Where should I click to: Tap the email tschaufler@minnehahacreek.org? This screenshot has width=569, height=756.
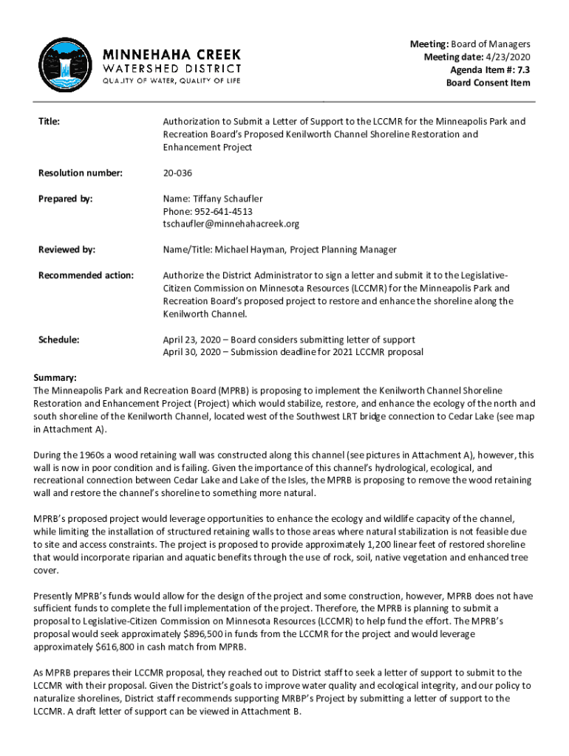click(x=231, y=224)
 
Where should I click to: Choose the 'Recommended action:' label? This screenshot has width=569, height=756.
click(x=86, y=276)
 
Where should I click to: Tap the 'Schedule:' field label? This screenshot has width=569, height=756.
click(x=60, y=340)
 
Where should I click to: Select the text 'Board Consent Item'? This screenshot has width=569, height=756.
click(x=488, y=83)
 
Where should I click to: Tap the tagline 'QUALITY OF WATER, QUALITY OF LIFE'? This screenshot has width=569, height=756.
click(x=171, y=80)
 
